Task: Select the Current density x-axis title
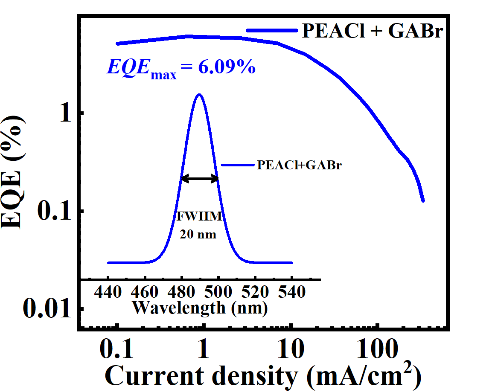(263, 376)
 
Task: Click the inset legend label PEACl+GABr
(299, 166)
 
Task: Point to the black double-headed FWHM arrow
(200, 179)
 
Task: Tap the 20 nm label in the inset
(198, 234)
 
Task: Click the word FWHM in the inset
(200, 217)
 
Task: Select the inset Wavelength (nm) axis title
(200, 307)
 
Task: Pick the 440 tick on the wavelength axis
(109, 292)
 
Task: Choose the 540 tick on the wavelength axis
(292, 292)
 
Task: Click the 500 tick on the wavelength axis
(218, 292)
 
